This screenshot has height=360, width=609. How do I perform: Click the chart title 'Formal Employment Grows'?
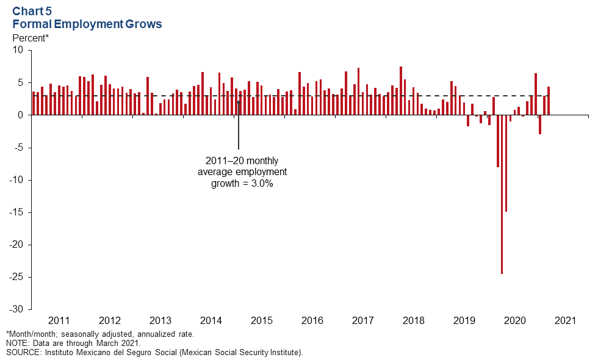pos(87,24)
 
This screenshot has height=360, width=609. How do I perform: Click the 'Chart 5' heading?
pos(32,11)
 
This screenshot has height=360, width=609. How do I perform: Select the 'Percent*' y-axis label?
pos(31,38)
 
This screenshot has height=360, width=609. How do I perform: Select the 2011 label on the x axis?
pos(59,320)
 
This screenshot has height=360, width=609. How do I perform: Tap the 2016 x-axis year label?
pos(312,320)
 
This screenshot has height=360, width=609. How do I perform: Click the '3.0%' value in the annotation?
pos(261,183)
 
